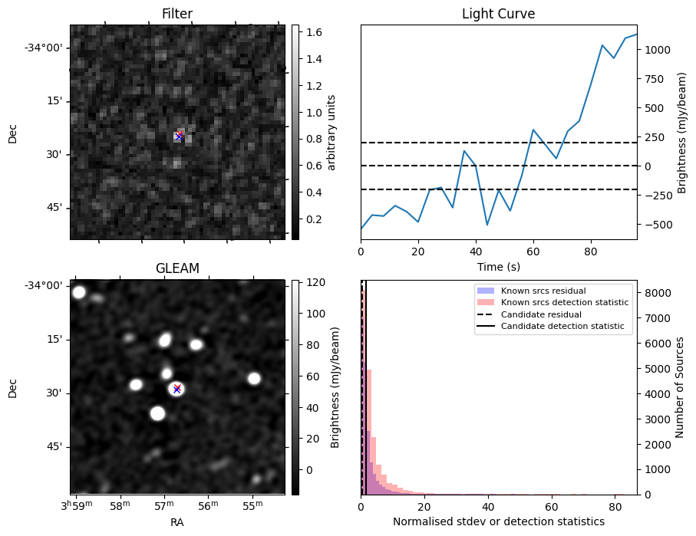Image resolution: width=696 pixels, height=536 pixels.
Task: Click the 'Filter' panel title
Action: pos(176,14)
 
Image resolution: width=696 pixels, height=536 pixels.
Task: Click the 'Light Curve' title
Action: pos(498,14)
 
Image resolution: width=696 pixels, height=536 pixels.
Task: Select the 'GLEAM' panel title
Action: pos(176,268)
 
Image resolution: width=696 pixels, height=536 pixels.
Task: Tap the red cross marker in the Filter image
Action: pos(180,136)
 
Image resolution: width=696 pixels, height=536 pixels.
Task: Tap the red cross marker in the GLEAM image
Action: pos(176,389)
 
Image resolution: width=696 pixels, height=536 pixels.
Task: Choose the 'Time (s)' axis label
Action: pos(498,265)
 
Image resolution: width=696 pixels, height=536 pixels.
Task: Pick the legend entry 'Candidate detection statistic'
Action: pos(564,327)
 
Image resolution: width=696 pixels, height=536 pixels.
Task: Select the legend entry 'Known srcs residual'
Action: pos(543,291)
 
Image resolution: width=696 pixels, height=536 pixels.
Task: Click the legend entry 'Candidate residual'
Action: pos(541,314)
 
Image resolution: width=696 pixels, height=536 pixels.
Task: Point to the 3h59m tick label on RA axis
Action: pos(77,504)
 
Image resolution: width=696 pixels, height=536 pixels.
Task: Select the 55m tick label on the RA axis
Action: pos(252,504)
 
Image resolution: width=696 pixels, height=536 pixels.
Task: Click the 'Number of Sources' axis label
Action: pos(680,388)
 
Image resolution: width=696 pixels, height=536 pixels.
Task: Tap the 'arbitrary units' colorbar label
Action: pos(332,132)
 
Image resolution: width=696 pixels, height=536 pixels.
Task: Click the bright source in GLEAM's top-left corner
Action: pos(79,292)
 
